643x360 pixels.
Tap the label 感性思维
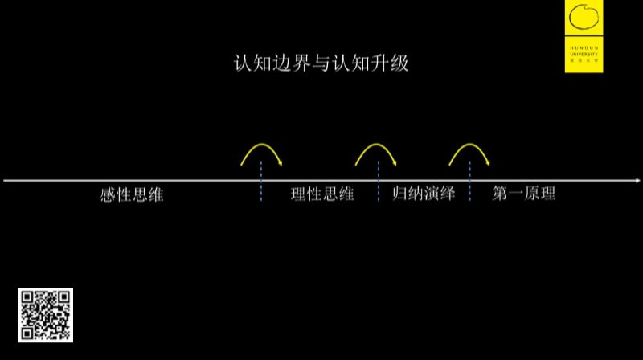[x=132, y=195]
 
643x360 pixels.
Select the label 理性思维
[x=321, y=195]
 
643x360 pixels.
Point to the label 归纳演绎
[x=424, y=195]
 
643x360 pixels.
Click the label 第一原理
[x=523, y=195]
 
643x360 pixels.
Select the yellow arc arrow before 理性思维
[x=262, y=153]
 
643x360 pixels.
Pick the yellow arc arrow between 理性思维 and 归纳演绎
[x=377, y=153]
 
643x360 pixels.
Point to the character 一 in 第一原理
[x=513, y=195]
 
